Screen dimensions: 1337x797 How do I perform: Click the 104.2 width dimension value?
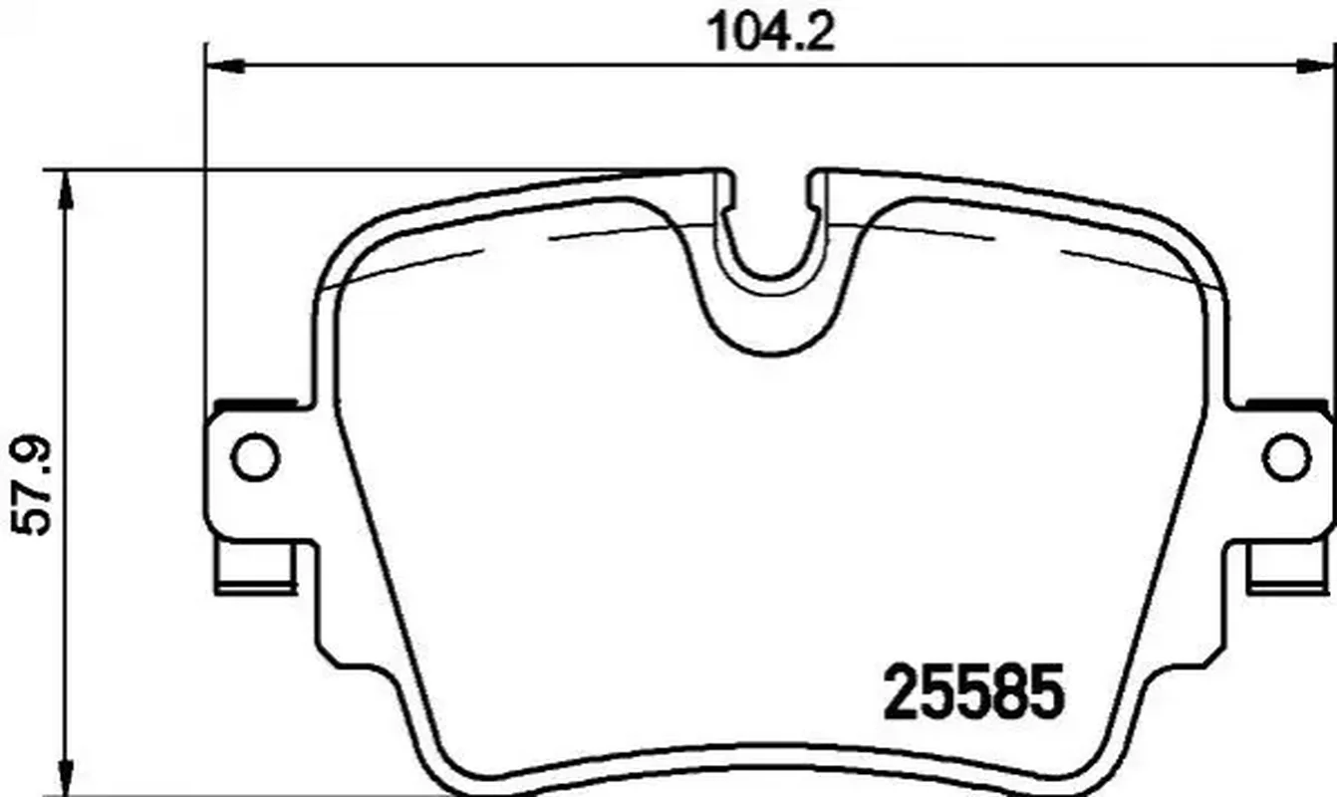[x=770, y=32]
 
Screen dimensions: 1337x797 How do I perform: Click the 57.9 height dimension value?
[x=32, y=485]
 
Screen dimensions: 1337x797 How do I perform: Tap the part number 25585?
[x=973, y=691]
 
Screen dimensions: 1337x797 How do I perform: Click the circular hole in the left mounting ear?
[x=255, y=457]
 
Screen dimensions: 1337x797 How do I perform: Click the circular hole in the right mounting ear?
[x=1287, y=457]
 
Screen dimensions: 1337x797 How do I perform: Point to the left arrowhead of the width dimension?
[x=224, y=66]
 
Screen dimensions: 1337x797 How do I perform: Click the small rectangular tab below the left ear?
[x=256, y=567]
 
